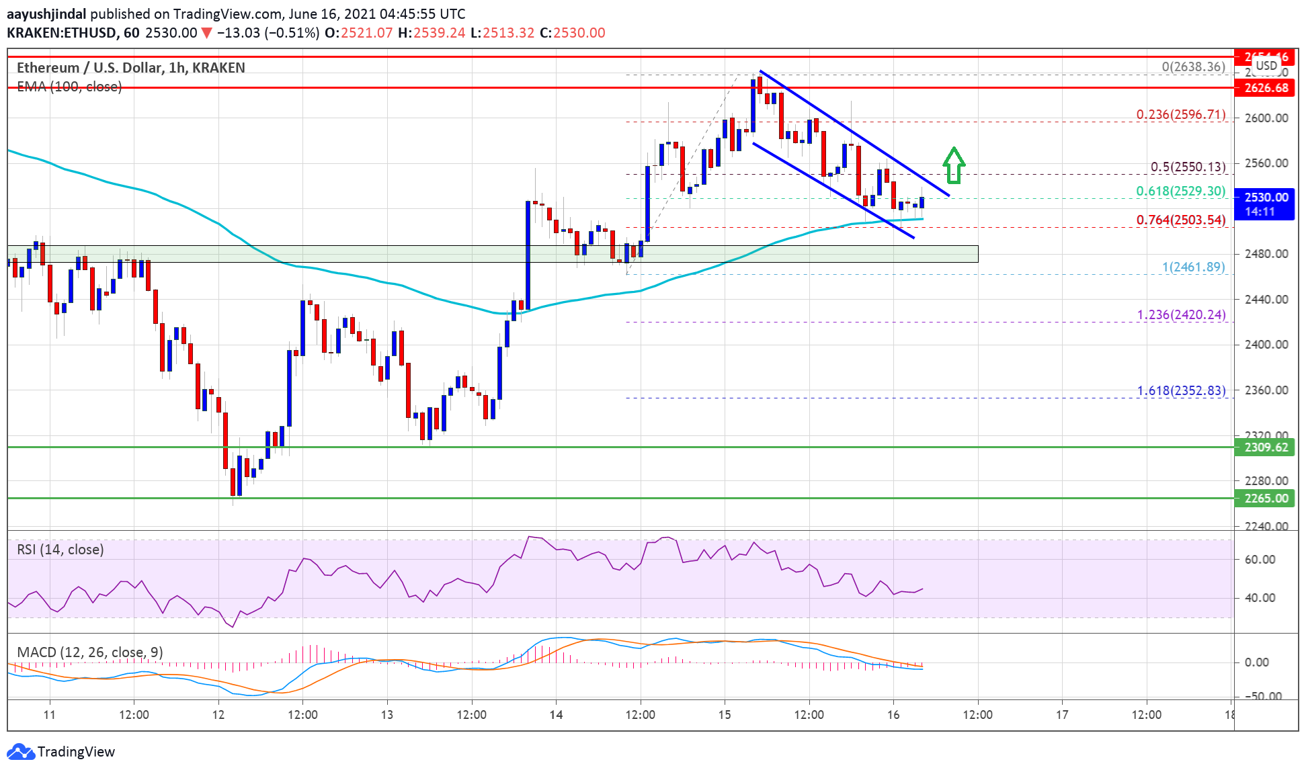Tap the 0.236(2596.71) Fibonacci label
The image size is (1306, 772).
(1180, 115)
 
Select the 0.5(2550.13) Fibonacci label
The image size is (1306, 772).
(1188, 167)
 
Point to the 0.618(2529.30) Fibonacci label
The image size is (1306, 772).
(1180, 191)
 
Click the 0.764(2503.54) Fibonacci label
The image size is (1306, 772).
(1180, 220)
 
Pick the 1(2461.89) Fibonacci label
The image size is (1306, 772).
(1193, 267)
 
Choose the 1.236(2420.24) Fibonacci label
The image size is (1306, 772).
(1180, 315)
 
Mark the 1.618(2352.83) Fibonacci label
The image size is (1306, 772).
(1180, 391)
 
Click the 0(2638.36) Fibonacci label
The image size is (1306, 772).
(1193, 67)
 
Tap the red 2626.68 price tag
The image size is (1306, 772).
(1265, 88)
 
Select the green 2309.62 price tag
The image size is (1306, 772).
(1265, 447)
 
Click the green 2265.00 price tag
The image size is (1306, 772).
(1265, 499)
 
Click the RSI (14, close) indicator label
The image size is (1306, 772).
(60, 550)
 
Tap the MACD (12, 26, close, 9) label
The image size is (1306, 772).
(90, 652)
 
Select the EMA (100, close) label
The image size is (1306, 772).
(69, 87)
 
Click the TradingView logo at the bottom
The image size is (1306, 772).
(61, 751)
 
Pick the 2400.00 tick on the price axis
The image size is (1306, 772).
(1266, 345)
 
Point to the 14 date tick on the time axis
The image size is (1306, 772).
(556, 715)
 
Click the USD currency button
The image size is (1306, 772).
(1266, 66)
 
